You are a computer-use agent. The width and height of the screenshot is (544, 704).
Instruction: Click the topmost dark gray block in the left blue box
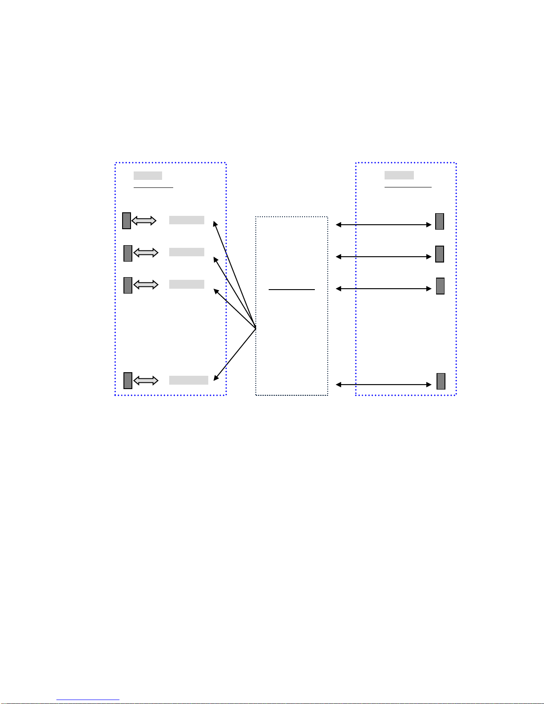(127, 221)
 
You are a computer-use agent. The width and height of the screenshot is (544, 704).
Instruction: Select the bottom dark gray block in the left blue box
(128, 381)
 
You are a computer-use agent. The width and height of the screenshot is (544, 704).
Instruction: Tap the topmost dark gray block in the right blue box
(440, 221)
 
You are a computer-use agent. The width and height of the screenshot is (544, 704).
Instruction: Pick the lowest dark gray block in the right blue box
(441, 381)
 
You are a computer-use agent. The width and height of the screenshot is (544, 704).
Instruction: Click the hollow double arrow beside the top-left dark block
(144, 221)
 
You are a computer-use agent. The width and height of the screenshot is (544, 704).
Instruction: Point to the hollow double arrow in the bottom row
(146, 381)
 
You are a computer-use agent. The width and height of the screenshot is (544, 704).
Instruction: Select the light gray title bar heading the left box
(148, 175)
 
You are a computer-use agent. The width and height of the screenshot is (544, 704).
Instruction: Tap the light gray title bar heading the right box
(399, 175)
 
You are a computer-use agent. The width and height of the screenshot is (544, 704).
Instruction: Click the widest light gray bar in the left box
(189, 380)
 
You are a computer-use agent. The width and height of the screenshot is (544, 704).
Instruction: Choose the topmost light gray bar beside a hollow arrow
(187, 220)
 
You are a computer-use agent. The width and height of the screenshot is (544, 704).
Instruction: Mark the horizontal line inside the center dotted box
(292, 290)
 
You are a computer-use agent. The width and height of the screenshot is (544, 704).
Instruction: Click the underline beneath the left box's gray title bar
(153, 187)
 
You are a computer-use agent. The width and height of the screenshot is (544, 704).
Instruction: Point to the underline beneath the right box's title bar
(408, 187)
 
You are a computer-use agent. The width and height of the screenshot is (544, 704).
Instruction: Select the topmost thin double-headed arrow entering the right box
(384, 225)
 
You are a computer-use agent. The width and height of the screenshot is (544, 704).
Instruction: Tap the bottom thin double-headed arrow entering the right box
(384, 385)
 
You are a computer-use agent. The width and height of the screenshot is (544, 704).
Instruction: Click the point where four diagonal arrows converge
(256, 328)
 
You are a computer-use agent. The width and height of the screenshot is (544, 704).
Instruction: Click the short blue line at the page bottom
(88, 700)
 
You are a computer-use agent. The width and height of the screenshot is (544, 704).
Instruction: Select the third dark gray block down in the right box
(441, 286)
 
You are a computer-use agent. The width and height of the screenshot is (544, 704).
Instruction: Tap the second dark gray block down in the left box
(128, 253)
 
